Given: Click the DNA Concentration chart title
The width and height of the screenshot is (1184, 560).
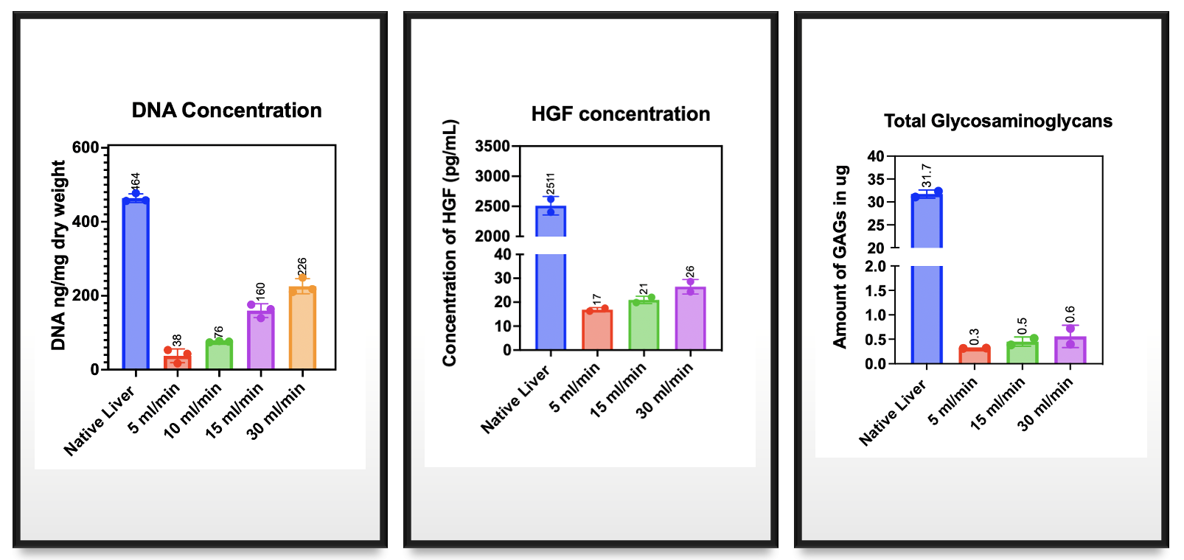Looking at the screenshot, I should coord(226,111).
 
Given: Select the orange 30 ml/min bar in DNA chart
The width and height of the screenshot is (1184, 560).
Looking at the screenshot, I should coord(302,329).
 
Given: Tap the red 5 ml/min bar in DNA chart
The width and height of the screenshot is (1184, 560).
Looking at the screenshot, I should coord(177,361).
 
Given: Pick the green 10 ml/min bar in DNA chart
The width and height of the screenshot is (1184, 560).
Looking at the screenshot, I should coord(219,355).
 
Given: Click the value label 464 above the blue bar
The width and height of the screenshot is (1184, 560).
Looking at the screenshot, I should coord(135,181).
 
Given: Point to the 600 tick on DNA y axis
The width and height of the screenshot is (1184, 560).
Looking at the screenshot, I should coord(86,147).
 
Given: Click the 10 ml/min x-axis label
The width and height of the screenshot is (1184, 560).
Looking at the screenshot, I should coord(193,410).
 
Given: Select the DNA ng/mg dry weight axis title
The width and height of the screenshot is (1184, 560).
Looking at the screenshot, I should coord(59,256).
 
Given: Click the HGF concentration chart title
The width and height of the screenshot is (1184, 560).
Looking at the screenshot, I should coord(621,114).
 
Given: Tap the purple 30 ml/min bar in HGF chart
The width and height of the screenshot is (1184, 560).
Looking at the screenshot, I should coord(690,318).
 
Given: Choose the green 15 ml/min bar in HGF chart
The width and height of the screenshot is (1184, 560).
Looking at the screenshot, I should coord(644,325).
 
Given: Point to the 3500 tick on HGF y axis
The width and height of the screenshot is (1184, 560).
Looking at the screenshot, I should coord(492,146).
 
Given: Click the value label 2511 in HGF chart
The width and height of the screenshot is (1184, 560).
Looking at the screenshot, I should coord(551,183).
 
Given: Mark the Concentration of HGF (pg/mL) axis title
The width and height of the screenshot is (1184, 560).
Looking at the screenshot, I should coord(450,243).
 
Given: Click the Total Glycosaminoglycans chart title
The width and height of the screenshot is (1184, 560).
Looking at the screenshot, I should coord(997,121).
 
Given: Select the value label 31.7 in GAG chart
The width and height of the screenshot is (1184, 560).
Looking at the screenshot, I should coord(927,175).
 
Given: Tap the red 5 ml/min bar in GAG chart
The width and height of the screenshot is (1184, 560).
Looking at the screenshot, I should coord(975,355).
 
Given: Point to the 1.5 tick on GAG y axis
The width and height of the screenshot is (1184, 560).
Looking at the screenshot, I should coord(875,290).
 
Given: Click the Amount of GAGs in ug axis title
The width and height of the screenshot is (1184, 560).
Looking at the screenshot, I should coord(840,256).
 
